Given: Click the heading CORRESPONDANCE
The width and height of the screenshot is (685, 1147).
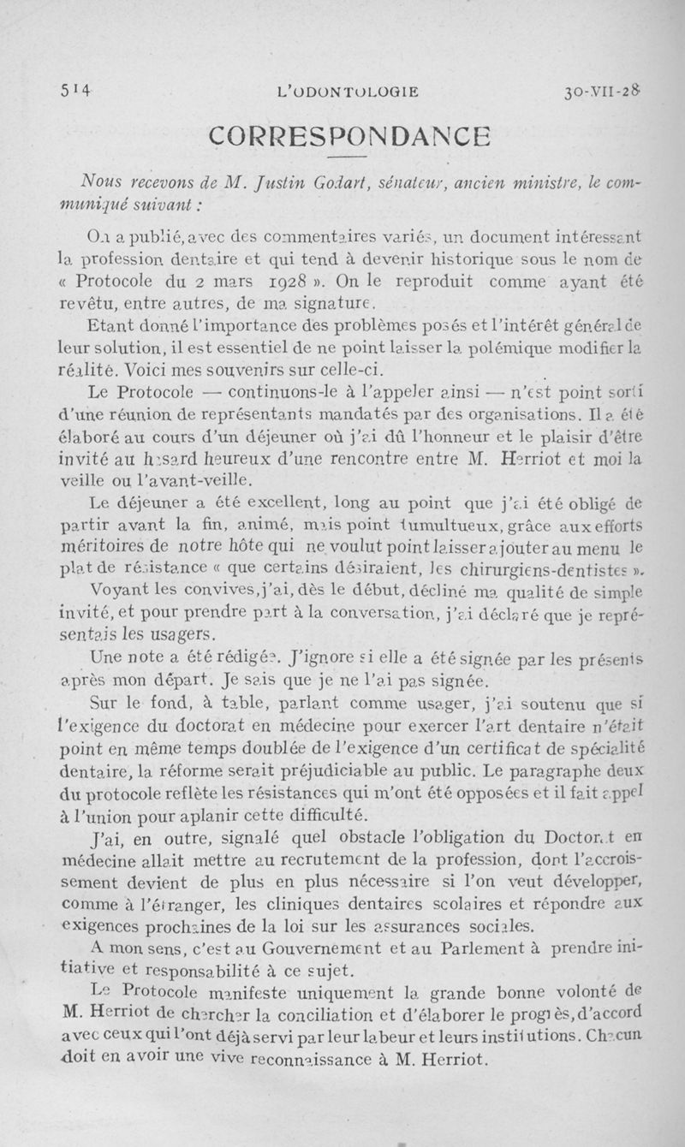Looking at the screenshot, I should tap(350, 136).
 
